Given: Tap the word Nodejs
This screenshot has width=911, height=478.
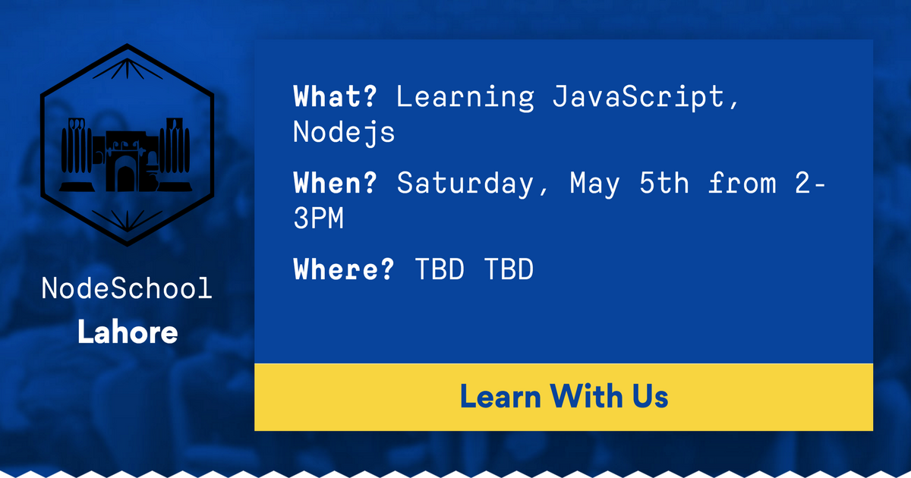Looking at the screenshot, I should (344, 133).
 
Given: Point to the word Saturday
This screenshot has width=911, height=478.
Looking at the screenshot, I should (465, 184).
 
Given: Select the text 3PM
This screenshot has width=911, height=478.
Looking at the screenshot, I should (318, 219).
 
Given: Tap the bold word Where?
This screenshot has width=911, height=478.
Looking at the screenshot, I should (344, 270).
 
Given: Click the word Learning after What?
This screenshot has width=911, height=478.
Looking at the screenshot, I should (465, 98).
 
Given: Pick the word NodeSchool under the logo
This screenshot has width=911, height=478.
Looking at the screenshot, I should (127, 289).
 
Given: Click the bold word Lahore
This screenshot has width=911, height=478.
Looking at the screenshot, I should (128, 332).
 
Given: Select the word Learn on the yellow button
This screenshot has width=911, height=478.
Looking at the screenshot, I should (500, 396).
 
